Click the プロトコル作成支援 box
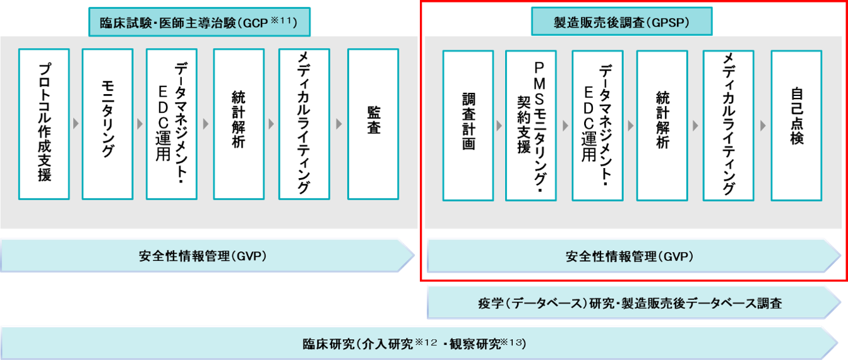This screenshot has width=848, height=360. pyautogui.click(x=44, y=124)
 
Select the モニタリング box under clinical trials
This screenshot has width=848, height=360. pyautogui.click(x=107, y=124)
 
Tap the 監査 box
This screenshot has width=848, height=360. pyautogui.click(x=373, y=124)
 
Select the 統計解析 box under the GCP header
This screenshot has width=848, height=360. pyautogui.click(x=239, y=124)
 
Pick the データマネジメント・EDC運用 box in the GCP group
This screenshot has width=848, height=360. pyautogui.click(x=172, y=124)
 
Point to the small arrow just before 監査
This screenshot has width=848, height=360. pyautogui.click(x=338, y=124)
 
